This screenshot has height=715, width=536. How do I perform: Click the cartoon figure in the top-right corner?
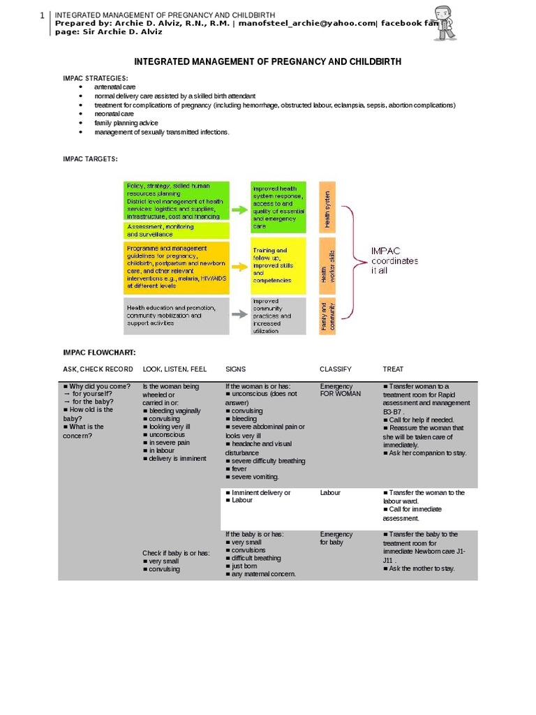443,23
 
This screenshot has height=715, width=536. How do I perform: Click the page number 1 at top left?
42,15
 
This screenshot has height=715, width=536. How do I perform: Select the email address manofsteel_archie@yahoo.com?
302,22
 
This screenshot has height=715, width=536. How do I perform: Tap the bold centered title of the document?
268,62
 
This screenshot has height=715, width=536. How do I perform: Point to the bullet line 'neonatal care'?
114,114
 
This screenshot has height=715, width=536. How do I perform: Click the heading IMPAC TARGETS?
91,159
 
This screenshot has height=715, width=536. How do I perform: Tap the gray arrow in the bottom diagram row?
239,314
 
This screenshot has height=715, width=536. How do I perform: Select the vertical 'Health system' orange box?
327,207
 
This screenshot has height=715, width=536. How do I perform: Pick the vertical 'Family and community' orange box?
327,316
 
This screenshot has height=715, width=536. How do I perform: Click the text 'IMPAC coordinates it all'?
394,260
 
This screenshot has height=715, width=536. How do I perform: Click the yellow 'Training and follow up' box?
278,265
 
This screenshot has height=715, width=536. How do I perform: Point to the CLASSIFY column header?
335,369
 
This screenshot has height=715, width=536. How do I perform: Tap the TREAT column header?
393,369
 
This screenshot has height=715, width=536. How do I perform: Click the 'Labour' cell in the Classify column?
330,493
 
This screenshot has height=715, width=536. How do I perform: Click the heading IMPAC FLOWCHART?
100,352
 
